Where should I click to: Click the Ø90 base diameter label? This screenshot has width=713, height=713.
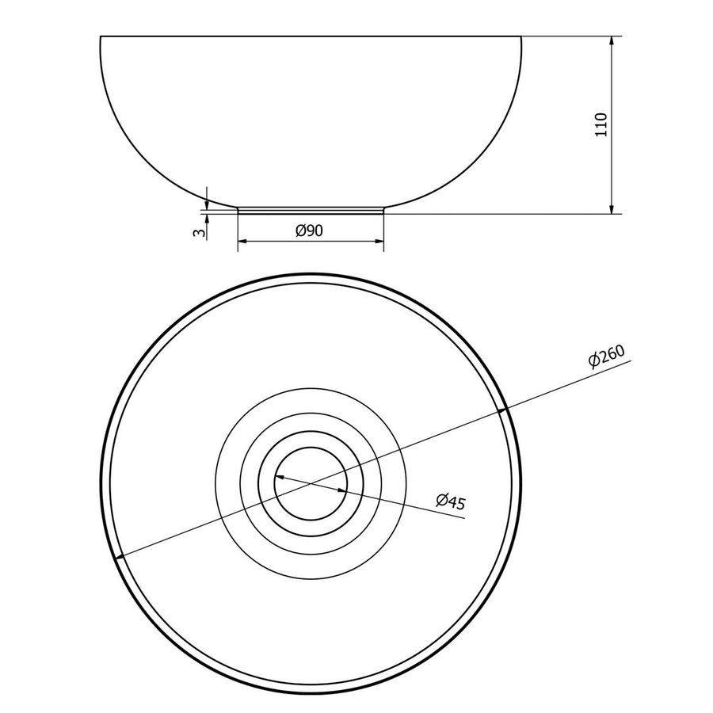[x=310, y=230]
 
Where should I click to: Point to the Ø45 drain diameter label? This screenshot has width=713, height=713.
[x=449, y=501]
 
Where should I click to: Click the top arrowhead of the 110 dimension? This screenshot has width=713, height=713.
[x=612, y=40]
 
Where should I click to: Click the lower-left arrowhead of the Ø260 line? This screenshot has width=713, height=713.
[x=120, y=556]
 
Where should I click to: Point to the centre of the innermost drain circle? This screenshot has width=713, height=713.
[x=311, y=483]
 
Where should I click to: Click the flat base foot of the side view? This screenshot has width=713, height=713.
[x=311, y=212]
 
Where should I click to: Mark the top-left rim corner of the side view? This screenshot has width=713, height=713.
[x=101, y=36]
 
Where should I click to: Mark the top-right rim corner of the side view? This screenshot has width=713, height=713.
[x=522, y=36]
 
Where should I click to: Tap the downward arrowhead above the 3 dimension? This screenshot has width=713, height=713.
[x=206, y=204]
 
